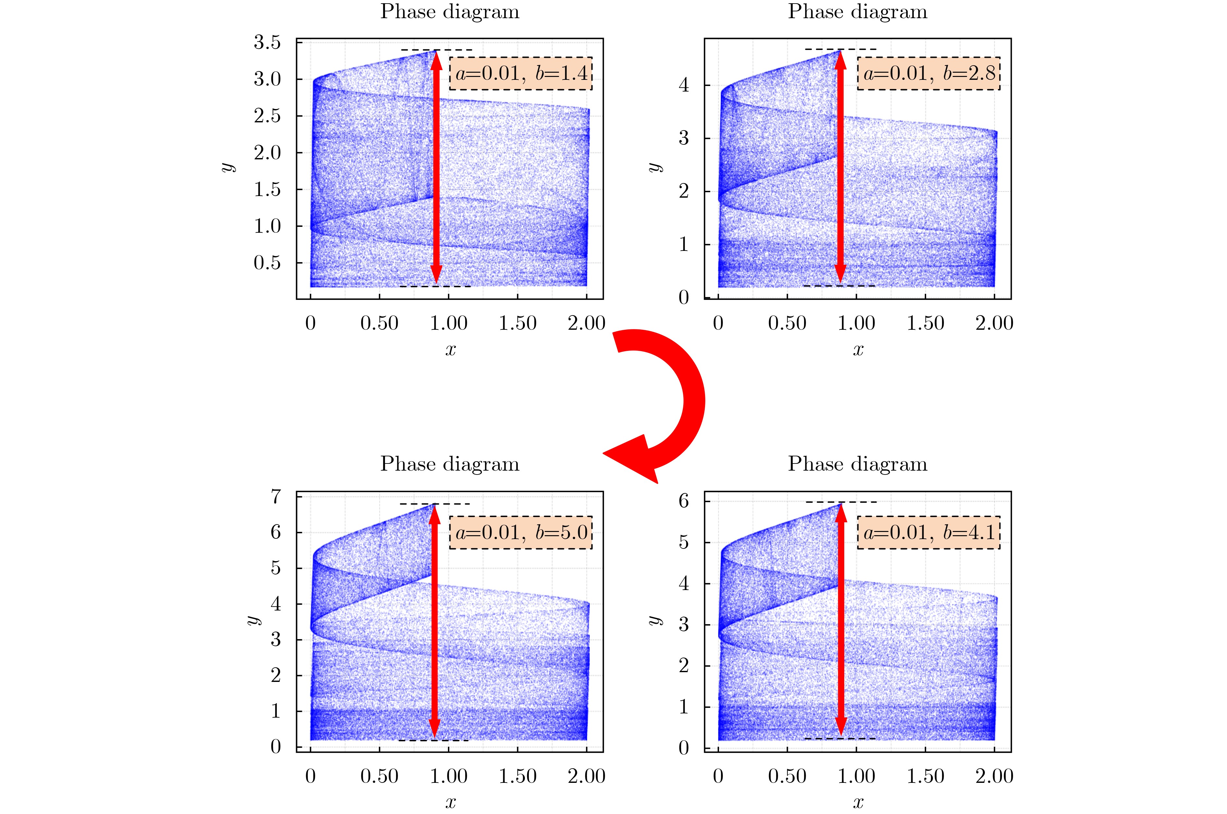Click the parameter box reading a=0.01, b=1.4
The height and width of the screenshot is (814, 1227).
[521, 73]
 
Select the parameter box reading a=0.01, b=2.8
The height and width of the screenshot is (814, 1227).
[929, 73]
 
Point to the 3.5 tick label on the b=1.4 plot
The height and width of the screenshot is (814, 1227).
[267, 43]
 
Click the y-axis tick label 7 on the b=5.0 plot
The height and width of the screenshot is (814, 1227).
[276, 497]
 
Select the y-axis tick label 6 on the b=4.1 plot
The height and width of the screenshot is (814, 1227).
[684, 501]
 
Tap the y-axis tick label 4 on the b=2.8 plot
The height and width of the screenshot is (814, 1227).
[684, 85]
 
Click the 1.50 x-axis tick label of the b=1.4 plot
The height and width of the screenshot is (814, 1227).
[517, 323]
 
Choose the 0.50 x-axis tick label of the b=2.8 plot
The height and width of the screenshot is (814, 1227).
[787, 323]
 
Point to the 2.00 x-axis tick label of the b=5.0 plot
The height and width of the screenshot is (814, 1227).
[587, 776]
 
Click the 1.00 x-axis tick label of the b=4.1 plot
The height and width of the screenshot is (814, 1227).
[856, 776]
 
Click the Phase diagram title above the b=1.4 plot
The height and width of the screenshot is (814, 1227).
[450, 11]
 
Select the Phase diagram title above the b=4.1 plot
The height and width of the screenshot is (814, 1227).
[858, 463]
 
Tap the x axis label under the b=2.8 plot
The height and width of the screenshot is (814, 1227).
[858, 349]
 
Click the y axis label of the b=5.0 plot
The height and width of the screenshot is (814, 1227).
[253, 620]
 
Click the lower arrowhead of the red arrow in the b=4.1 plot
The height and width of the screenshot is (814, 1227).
[841, 726]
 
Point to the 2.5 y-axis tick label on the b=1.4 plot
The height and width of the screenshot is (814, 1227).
[267, 116]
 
